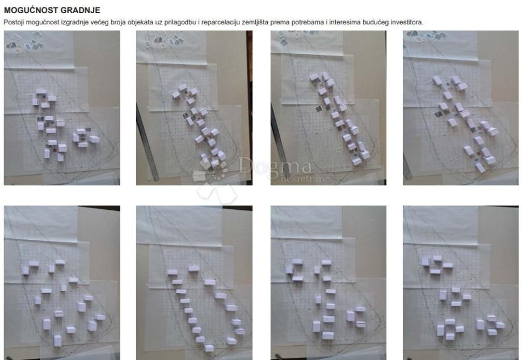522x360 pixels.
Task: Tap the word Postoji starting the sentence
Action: (14, 22)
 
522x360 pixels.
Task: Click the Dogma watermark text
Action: (275, 166)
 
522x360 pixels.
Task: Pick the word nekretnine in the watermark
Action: (305, 179)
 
